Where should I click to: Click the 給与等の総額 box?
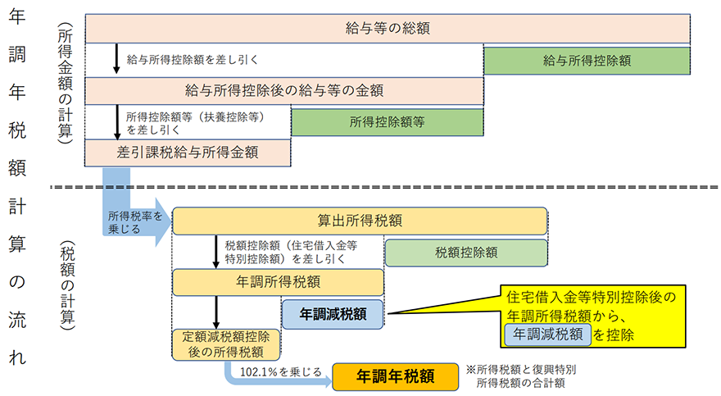point(388,29)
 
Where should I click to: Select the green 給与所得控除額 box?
point(586,60)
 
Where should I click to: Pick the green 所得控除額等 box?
point(386,122)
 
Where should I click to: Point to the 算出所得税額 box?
point(360,221)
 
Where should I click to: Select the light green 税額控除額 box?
point(466,253)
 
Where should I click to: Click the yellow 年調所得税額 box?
point(278,282)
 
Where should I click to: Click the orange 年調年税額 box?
point(394,376)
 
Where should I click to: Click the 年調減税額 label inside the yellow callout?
point(547,334)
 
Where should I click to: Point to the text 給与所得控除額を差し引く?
point(193,59)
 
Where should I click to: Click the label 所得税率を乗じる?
point(129,221)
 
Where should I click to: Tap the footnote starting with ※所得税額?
point(519,376)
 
